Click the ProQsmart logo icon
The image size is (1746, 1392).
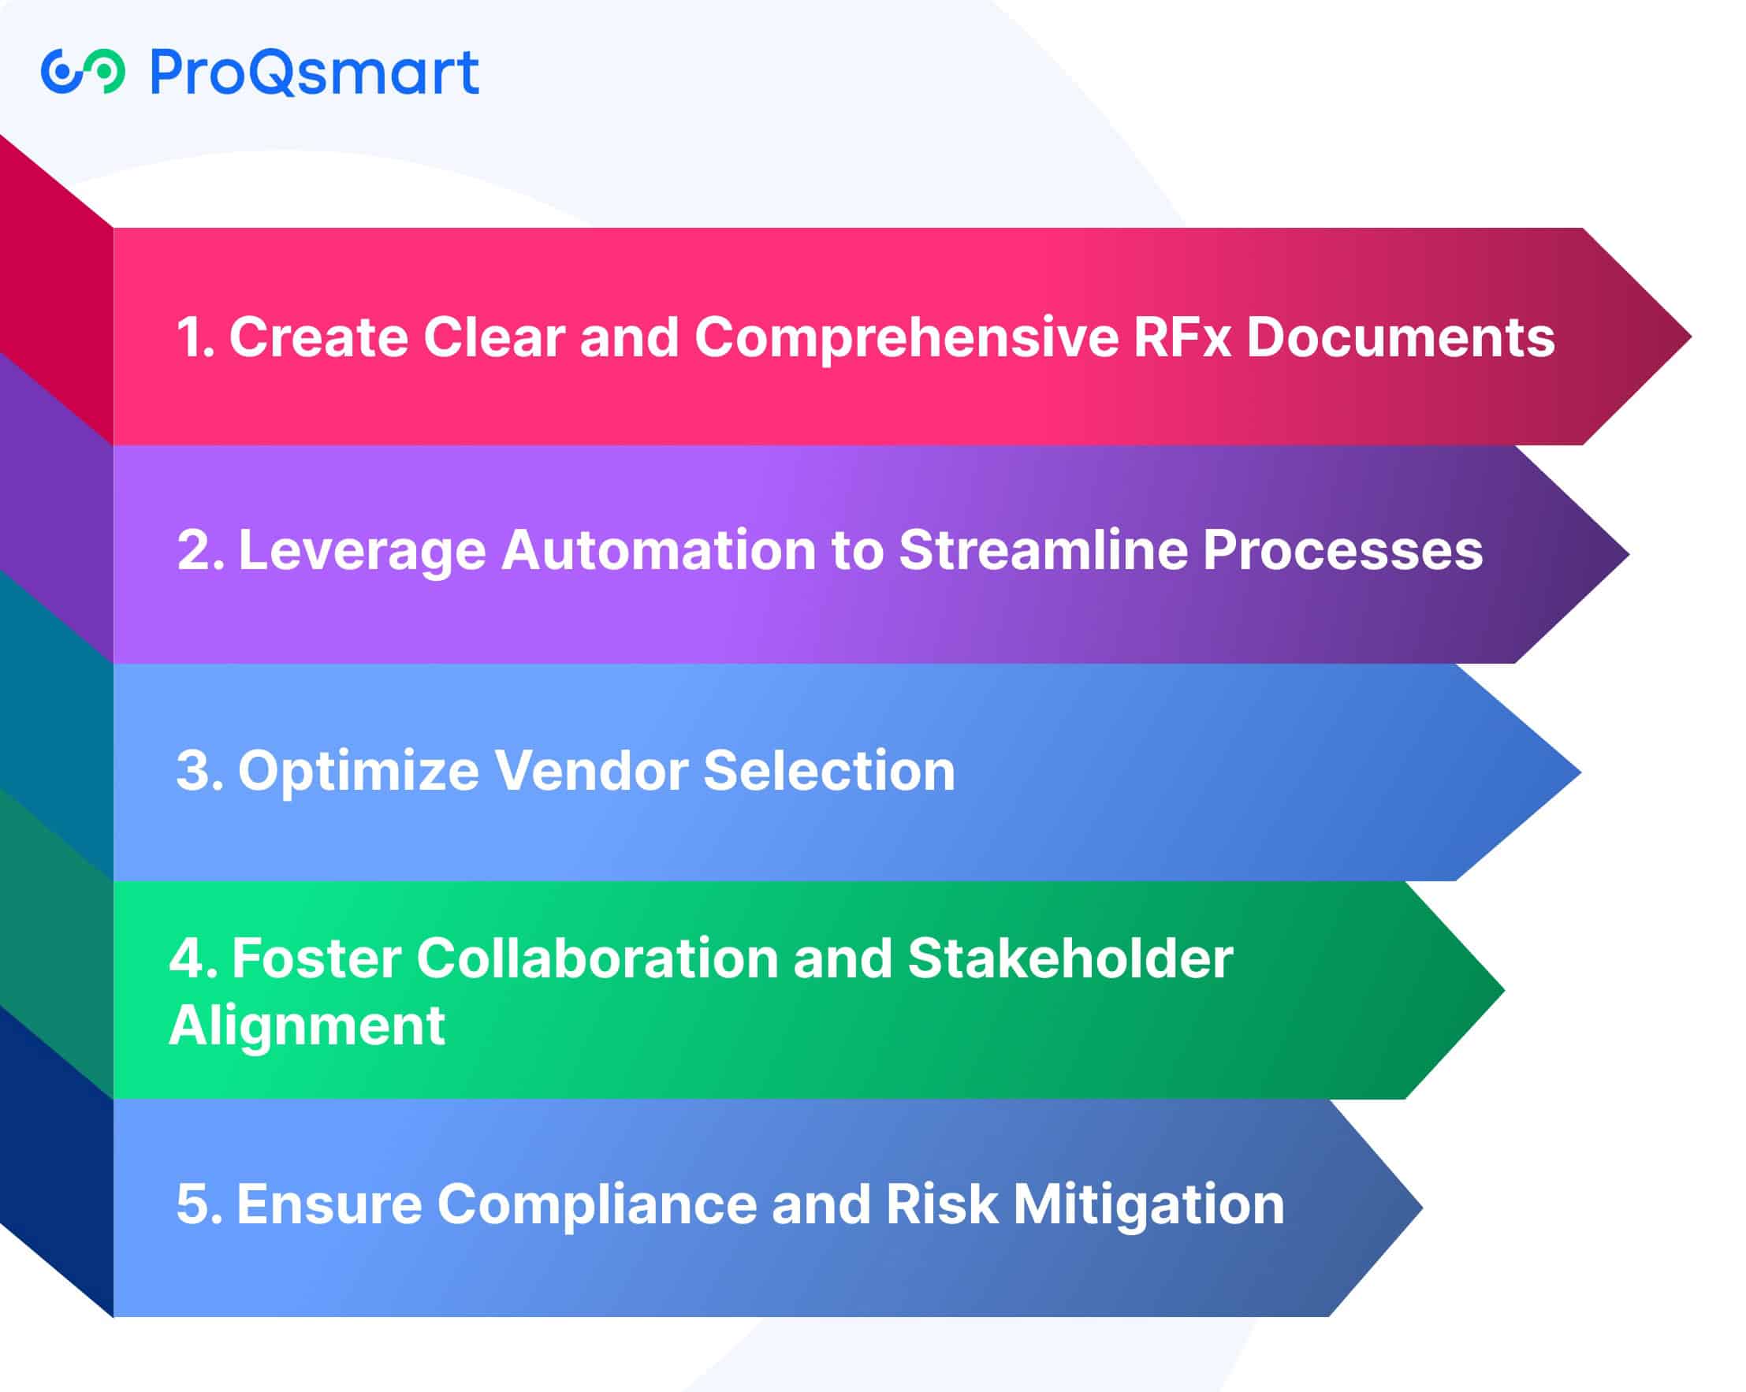click(84, 71)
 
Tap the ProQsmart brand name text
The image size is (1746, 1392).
click(315, 73)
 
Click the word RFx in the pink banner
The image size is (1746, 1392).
click(1182, 337)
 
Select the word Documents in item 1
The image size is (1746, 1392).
click(1400, 337)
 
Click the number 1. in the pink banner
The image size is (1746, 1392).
click(195, 337)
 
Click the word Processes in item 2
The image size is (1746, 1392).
click(1342, 551)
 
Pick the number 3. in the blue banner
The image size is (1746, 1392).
click(199, 770)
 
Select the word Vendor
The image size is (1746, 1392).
click(591, 770)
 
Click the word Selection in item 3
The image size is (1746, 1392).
click(829, 770)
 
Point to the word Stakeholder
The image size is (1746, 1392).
click(1070, 958)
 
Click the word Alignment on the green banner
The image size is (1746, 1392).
click(307, 1027)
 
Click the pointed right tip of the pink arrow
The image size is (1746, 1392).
click(1690, 336)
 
